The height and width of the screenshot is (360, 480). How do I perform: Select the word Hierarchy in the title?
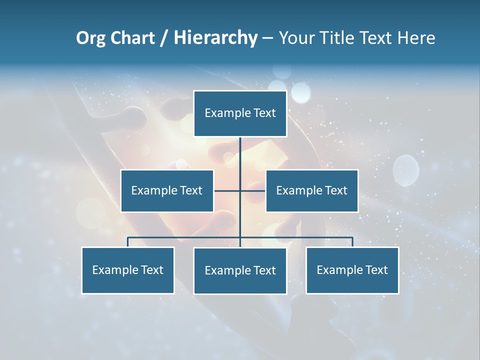(215, 38)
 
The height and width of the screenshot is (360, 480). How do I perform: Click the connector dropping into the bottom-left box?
(127, 242)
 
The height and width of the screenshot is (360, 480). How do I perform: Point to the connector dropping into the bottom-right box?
(352, 242)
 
